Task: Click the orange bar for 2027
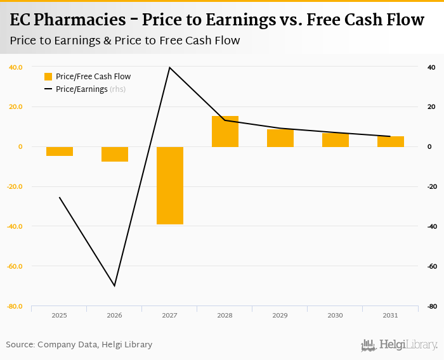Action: [x=169, y=185]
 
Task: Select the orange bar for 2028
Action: [x=225, y=131]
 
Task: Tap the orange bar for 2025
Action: [x=59, y=151]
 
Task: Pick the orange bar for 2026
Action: [x=114, y=154]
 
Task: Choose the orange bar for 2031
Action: [x=390, y=141]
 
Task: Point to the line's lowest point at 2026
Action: [x=115, y=286]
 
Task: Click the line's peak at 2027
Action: [x=169, y=67]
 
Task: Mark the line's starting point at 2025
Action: [x=59, y=197]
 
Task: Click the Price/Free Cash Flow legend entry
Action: [x=86, y=77]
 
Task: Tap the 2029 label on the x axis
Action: [x=280, y=315]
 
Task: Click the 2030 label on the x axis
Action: [x=335, y=315]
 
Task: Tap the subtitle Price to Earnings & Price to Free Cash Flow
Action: [x=125, y=41]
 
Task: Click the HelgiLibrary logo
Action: [x=399, y=345]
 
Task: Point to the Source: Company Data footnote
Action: [x=79, y=345]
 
